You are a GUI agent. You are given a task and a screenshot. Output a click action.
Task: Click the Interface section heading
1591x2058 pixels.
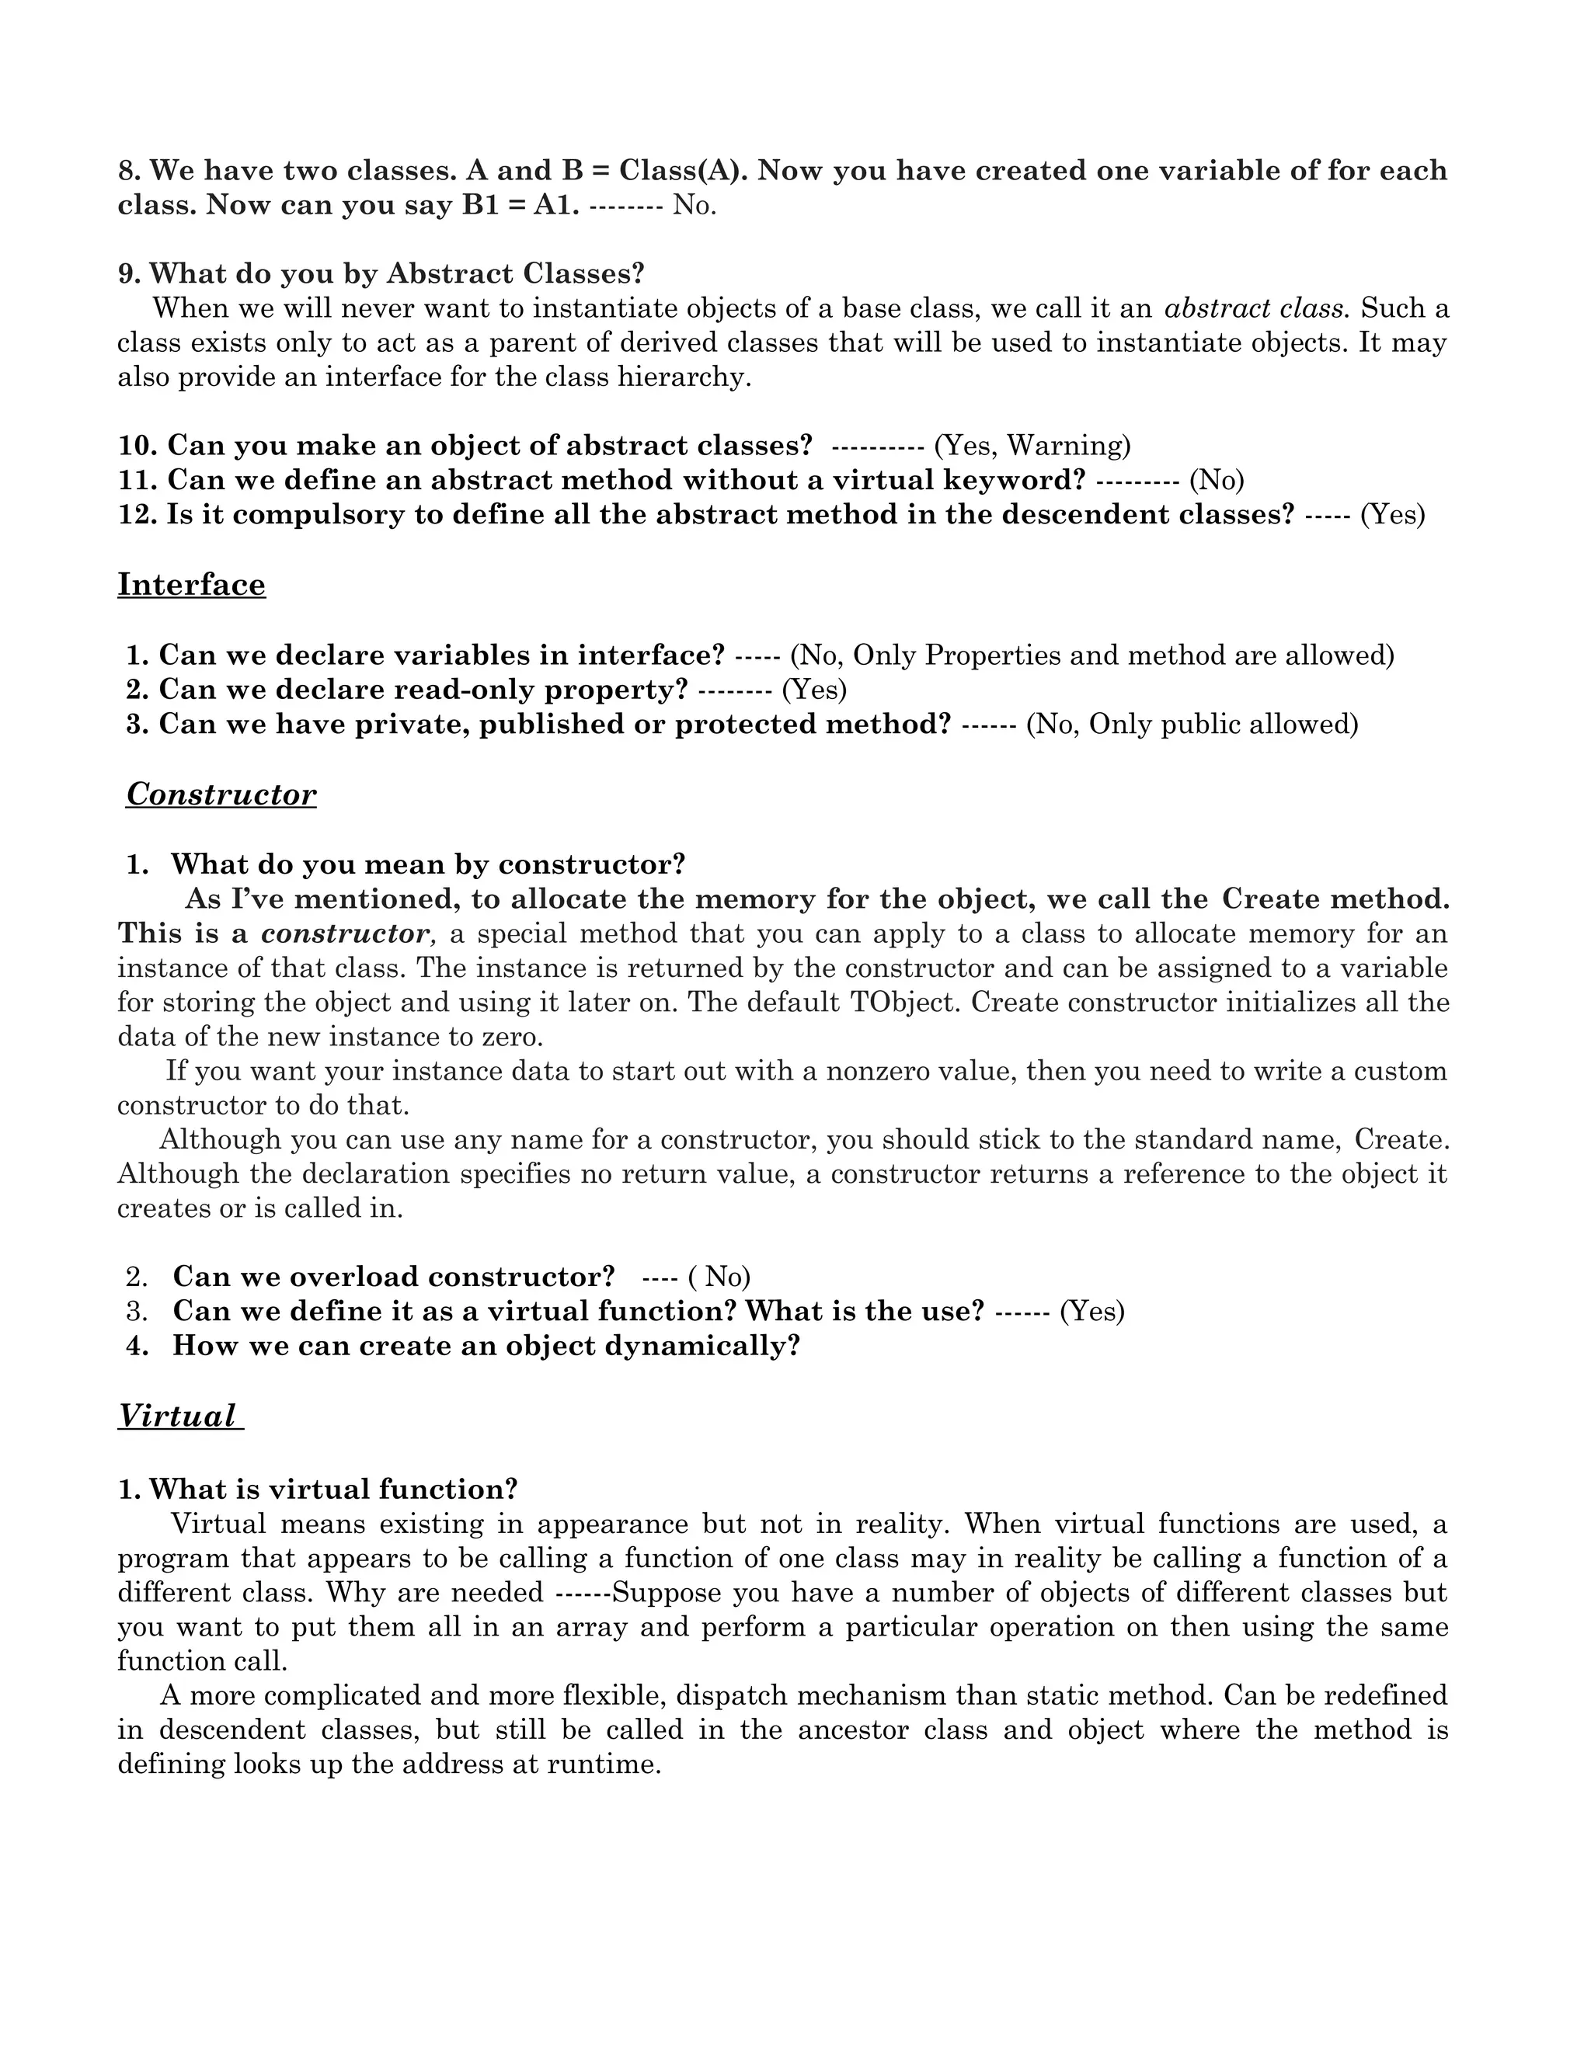191,586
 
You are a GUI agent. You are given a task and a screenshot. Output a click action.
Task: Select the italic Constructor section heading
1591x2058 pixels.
221,794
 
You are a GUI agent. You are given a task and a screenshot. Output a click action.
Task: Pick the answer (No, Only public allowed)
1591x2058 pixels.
1192,724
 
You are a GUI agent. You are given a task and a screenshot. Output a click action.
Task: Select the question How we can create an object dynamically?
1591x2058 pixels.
486,1346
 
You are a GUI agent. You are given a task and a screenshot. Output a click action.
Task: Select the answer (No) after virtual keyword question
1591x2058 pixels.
1216,480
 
